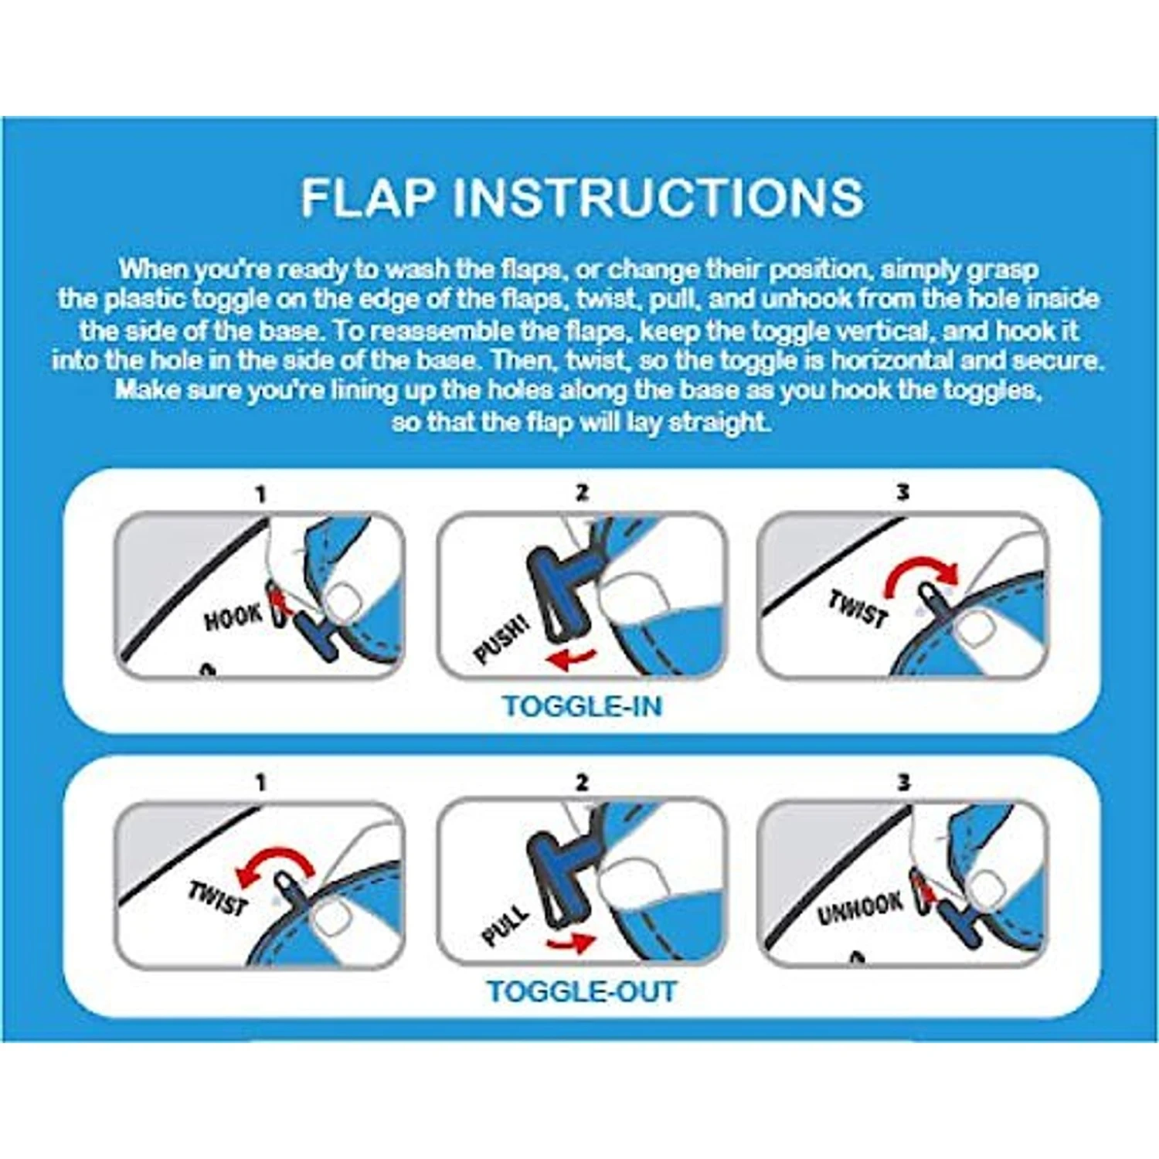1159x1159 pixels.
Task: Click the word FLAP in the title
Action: pos(367,197)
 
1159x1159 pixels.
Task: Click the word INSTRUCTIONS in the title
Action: pos(658,197)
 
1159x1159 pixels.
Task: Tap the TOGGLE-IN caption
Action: pos(581,706)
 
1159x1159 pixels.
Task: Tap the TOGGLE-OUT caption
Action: pos(581,991)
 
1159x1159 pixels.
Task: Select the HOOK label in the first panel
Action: pos(233,617)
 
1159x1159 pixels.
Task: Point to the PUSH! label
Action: pos(502,639)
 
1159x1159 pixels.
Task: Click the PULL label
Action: pos(505,924)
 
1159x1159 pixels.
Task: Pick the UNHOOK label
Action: pos(860,909)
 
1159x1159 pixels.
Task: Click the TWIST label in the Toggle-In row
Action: pos(858,608)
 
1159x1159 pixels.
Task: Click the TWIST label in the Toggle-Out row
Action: pos(218,897)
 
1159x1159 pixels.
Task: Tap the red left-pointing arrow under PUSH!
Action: pos(569,659)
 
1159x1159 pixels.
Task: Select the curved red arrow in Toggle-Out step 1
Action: pos(274,865)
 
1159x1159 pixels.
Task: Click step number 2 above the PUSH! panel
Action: pos(582,492)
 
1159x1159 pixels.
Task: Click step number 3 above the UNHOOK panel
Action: pos(903,783)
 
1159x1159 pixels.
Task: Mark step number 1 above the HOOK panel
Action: pos(260,494)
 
